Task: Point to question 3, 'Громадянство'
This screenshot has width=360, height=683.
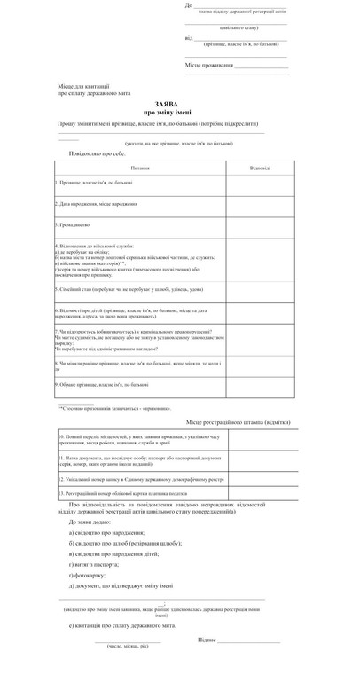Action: pos(75,225)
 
